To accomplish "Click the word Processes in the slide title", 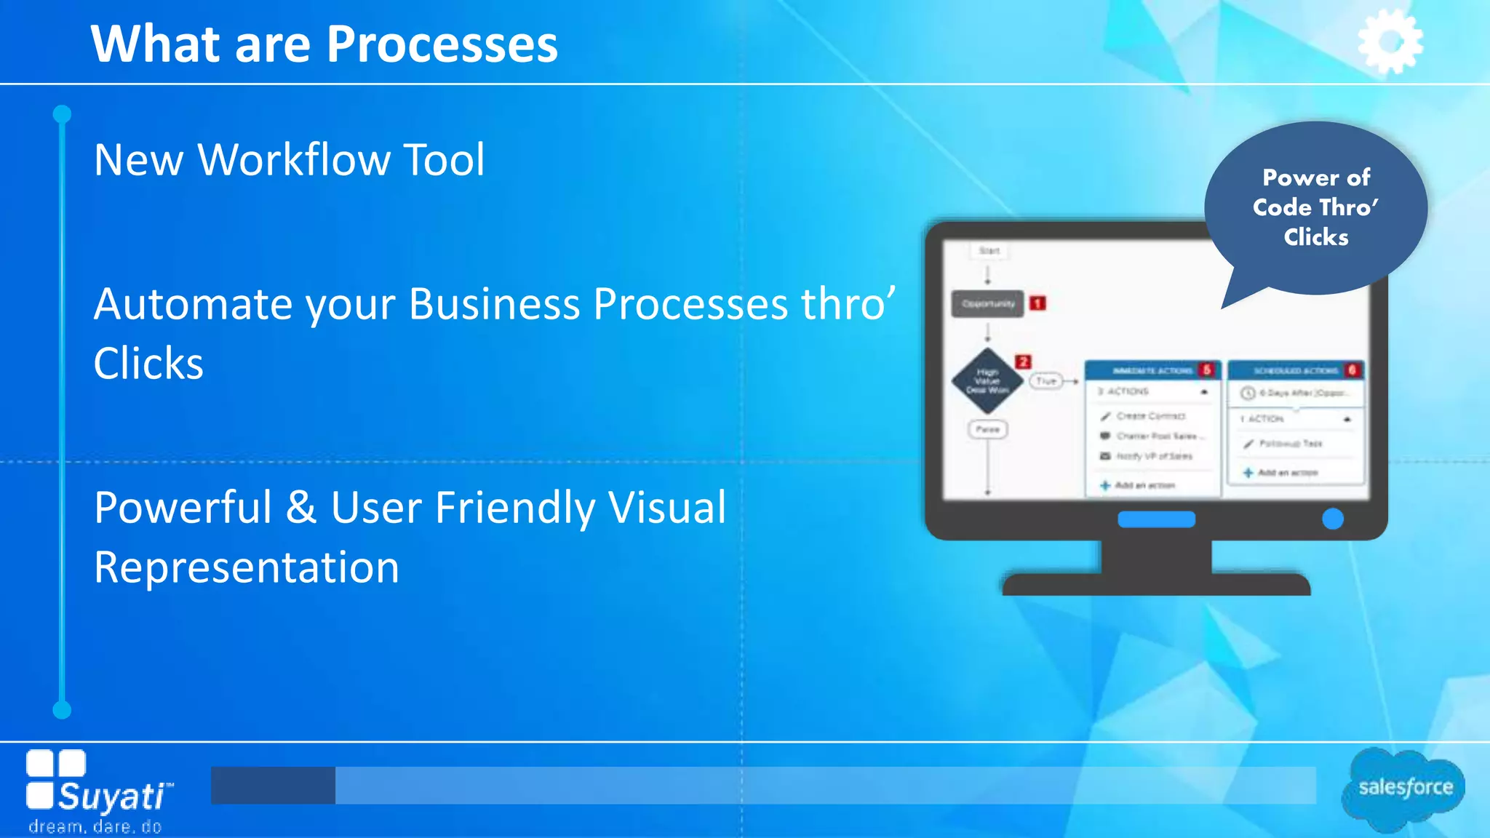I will (442, 45).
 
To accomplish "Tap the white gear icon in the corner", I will (1390, 41).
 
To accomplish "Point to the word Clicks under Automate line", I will (148, 364).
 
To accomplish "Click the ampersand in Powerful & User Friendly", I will (300, 508).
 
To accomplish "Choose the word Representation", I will (247, 568).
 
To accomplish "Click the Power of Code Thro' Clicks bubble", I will (1315, 208).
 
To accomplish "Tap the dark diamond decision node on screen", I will (987, 381).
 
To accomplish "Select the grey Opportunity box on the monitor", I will (987, 303).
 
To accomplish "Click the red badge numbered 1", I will (1037, 303).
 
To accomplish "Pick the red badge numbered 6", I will (1352, 370).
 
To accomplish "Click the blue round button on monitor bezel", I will (1332, 519).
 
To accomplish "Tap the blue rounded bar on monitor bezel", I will (1156, 519).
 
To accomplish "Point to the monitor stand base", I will (1156, 584).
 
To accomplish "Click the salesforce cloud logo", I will (1403, 789).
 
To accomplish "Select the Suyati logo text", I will (113, 797).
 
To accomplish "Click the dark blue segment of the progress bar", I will (273, 785).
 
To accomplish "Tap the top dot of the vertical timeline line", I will (63, 114).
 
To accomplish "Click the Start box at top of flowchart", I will (989, 251).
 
